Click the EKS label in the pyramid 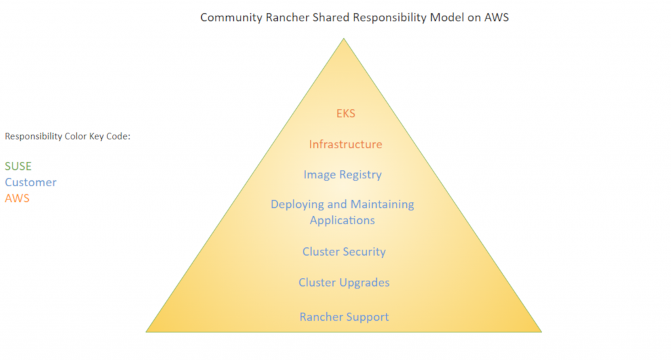[345, 113]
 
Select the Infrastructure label [345, 144]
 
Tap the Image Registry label [342, 175]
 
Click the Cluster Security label [343, 252]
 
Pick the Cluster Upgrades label [344, 283]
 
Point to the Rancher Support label [344, 317]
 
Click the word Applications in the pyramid [342, 220]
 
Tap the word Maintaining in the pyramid [382, 205]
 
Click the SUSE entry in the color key [18, 167]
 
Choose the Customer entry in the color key [31, 182]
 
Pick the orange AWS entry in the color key [17, 198]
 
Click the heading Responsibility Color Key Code [68, 136]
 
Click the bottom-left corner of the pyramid [146, 332]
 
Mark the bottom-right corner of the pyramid [541, 332]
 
